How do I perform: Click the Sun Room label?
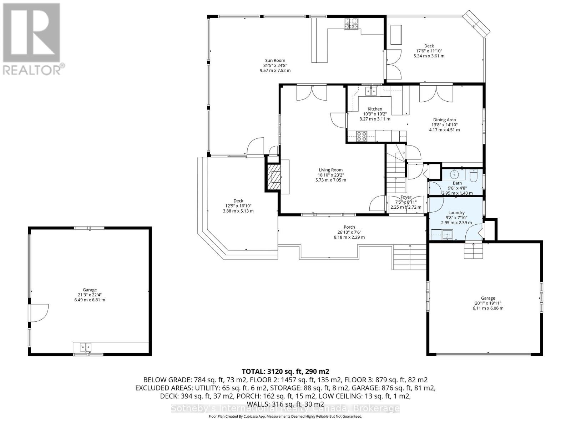(275, 61)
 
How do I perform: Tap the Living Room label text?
(330, 170)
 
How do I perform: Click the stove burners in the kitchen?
(362, 136)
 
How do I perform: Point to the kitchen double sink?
(370, 91)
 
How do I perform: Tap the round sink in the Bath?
(455, 174)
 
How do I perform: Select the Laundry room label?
(456, 213)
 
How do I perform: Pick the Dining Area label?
(444, 120)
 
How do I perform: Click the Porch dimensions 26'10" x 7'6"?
(349, 232)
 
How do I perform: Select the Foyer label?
(406, 197)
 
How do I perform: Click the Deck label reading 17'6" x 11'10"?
(429, 51)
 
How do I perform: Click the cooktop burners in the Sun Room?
(351, 24)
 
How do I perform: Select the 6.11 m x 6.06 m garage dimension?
(487, 308)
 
